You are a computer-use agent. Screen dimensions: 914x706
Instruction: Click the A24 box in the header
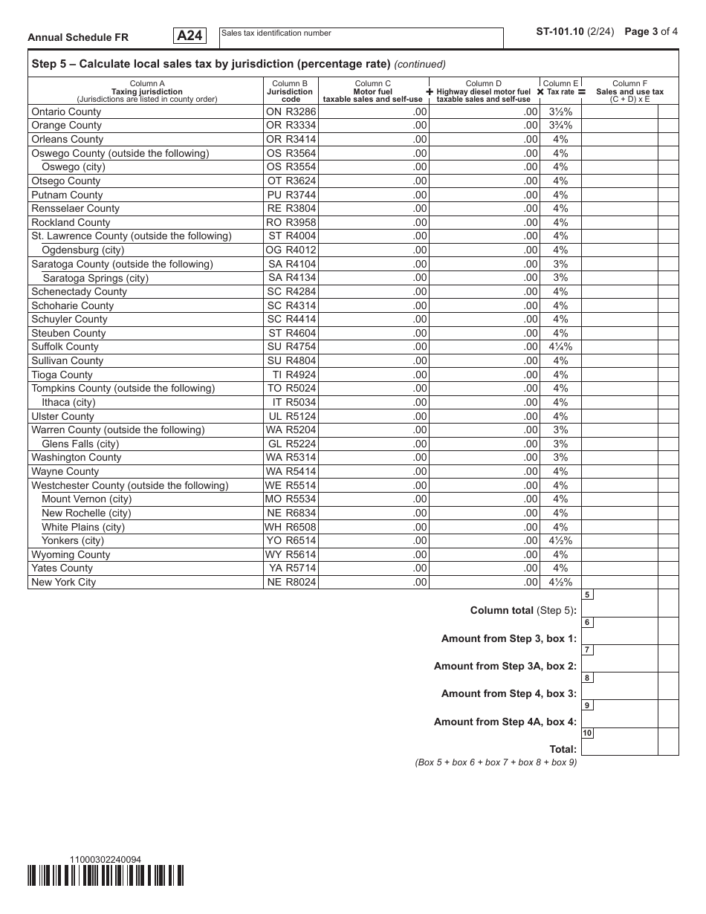coord(190,36)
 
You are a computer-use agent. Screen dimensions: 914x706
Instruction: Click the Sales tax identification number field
coord(361,38)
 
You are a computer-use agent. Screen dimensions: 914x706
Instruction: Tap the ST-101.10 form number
coord(566,32)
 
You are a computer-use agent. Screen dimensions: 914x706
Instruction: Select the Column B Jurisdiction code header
coord(291,91)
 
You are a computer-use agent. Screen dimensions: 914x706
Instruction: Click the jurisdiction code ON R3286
coord(291,111)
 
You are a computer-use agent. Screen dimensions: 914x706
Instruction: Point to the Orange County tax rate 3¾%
coord(560,126)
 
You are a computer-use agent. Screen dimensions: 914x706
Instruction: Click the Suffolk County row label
coord(65,347)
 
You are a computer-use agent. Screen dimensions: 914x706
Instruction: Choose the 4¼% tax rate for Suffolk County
coord(560,347)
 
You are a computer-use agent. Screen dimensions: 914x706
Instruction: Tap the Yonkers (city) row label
coord(73,541)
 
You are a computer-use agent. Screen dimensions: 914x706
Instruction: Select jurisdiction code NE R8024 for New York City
coord(291,583)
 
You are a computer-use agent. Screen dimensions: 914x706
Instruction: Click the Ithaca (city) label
coord(68,403)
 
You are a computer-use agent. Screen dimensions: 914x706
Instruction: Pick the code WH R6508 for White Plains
coord(291,528)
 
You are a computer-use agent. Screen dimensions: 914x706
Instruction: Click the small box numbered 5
coord(587,595)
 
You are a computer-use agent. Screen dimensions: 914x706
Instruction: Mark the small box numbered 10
coord(587,733)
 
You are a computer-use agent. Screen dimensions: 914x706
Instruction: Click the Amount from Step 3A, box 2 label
coord(505,667)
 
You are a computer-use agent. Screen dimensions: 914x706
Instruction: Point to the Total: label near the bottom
coord(563,749)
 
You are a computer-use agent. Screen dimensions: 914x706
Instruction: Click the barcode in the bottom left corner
coord(106,876)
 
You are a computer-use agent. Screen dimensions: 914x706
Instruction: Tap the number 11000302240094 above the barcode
coord(105,860)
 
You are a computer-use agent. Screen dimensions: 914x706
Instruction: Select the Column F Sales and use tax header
coord(629,91)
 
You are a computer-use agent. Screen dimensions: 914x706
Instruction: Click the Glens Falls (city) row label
coord(80,444)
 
